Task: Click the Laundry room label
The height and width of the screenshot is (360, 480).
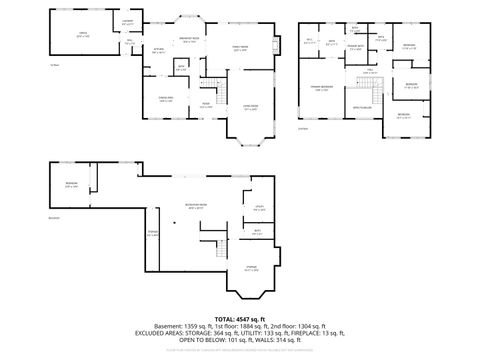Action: (x=128, y=22)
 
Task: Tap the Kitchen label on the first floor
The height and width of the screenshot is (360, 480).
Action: (x=158, y=50)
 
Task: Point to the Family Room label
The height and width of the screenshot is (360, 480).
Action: (x=240, y=47)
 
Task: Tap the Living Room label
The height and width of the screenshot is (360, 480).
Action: (x=251, y=107)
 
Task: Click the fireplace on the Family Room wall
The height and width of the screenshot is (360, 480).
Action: (x=277, y=43)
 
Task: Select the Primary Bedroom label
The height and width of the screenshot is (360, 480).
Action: (x=325, y=89)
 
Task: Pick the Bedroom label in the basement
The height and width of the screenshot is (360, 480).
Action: (x=72, y=184)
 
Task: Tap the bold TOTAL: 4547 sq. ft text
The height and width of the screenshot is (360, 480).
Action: (x=240, y=319)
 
